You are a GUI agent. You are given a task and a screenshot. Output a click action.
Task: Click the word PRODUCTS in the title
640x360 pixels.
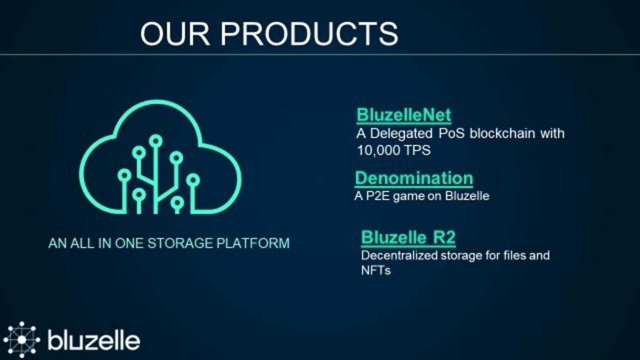tap(309, 34)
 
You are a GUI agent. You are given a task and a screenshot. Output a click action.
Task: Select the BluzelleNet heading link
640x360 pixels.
tap(404, 115)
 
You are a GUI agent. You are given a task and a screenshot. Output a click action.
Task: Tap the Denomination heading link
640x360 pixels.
tap(414, 178)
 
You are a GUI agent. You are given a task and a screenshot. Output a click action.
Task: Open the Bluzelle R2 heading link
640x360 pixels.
tap(408, 237)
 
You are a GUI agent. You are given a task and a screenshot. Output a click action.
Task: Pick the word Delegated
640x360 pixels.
tap(401, 134)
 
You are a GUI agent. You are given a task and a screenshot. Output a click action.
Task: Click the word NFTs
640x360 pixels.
tap(376, 270)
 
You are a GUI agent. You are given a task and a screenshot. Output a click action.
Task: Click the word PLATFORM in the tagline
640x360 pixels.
tap(253, 243)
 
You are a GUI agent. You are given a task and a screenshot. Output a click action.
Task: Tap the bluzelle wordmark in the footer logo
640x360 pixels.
tap(94, 341)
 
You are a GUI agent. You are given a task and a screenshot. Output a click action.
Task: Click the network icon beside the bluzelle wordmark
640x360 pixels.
tap(22, 339)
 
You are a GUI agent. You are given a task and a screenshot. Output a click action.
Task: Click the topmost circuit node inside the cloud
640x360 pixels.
tap(156, 141)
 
